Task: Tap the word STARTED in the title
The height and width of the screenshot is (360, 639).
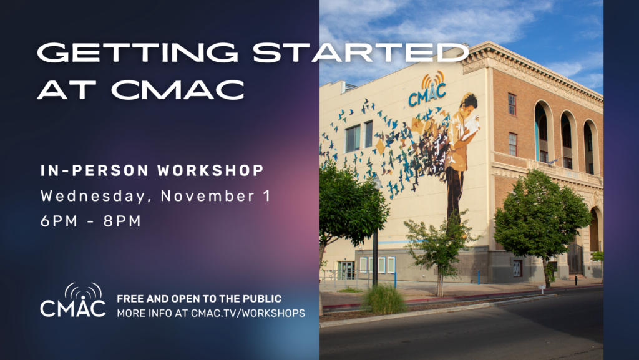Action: [361, 52]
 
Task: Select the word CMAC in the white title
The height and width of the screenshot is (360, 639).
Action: [178, 89]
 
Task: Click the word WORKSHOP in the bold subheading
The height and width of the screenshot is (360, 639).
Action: [211, 170]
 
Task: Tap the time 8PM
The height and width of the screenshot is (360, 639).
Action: [122, 221]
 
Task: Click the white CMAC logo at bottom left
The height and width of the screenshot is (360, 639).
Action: [73, 300]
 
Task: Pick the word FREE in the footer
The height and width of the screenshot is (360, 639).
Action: [130, 299]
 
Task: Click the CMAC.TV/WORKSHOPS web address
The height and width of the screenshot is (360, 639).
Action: [248, 313]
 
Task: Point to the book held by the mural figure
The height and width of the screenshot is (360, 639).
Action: [472, 127]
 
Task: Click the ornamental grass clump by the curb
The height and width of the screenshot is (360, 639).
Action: [384, 299]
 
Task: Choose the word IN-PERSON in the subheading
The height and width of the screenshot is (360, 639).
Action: [95, 170]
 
